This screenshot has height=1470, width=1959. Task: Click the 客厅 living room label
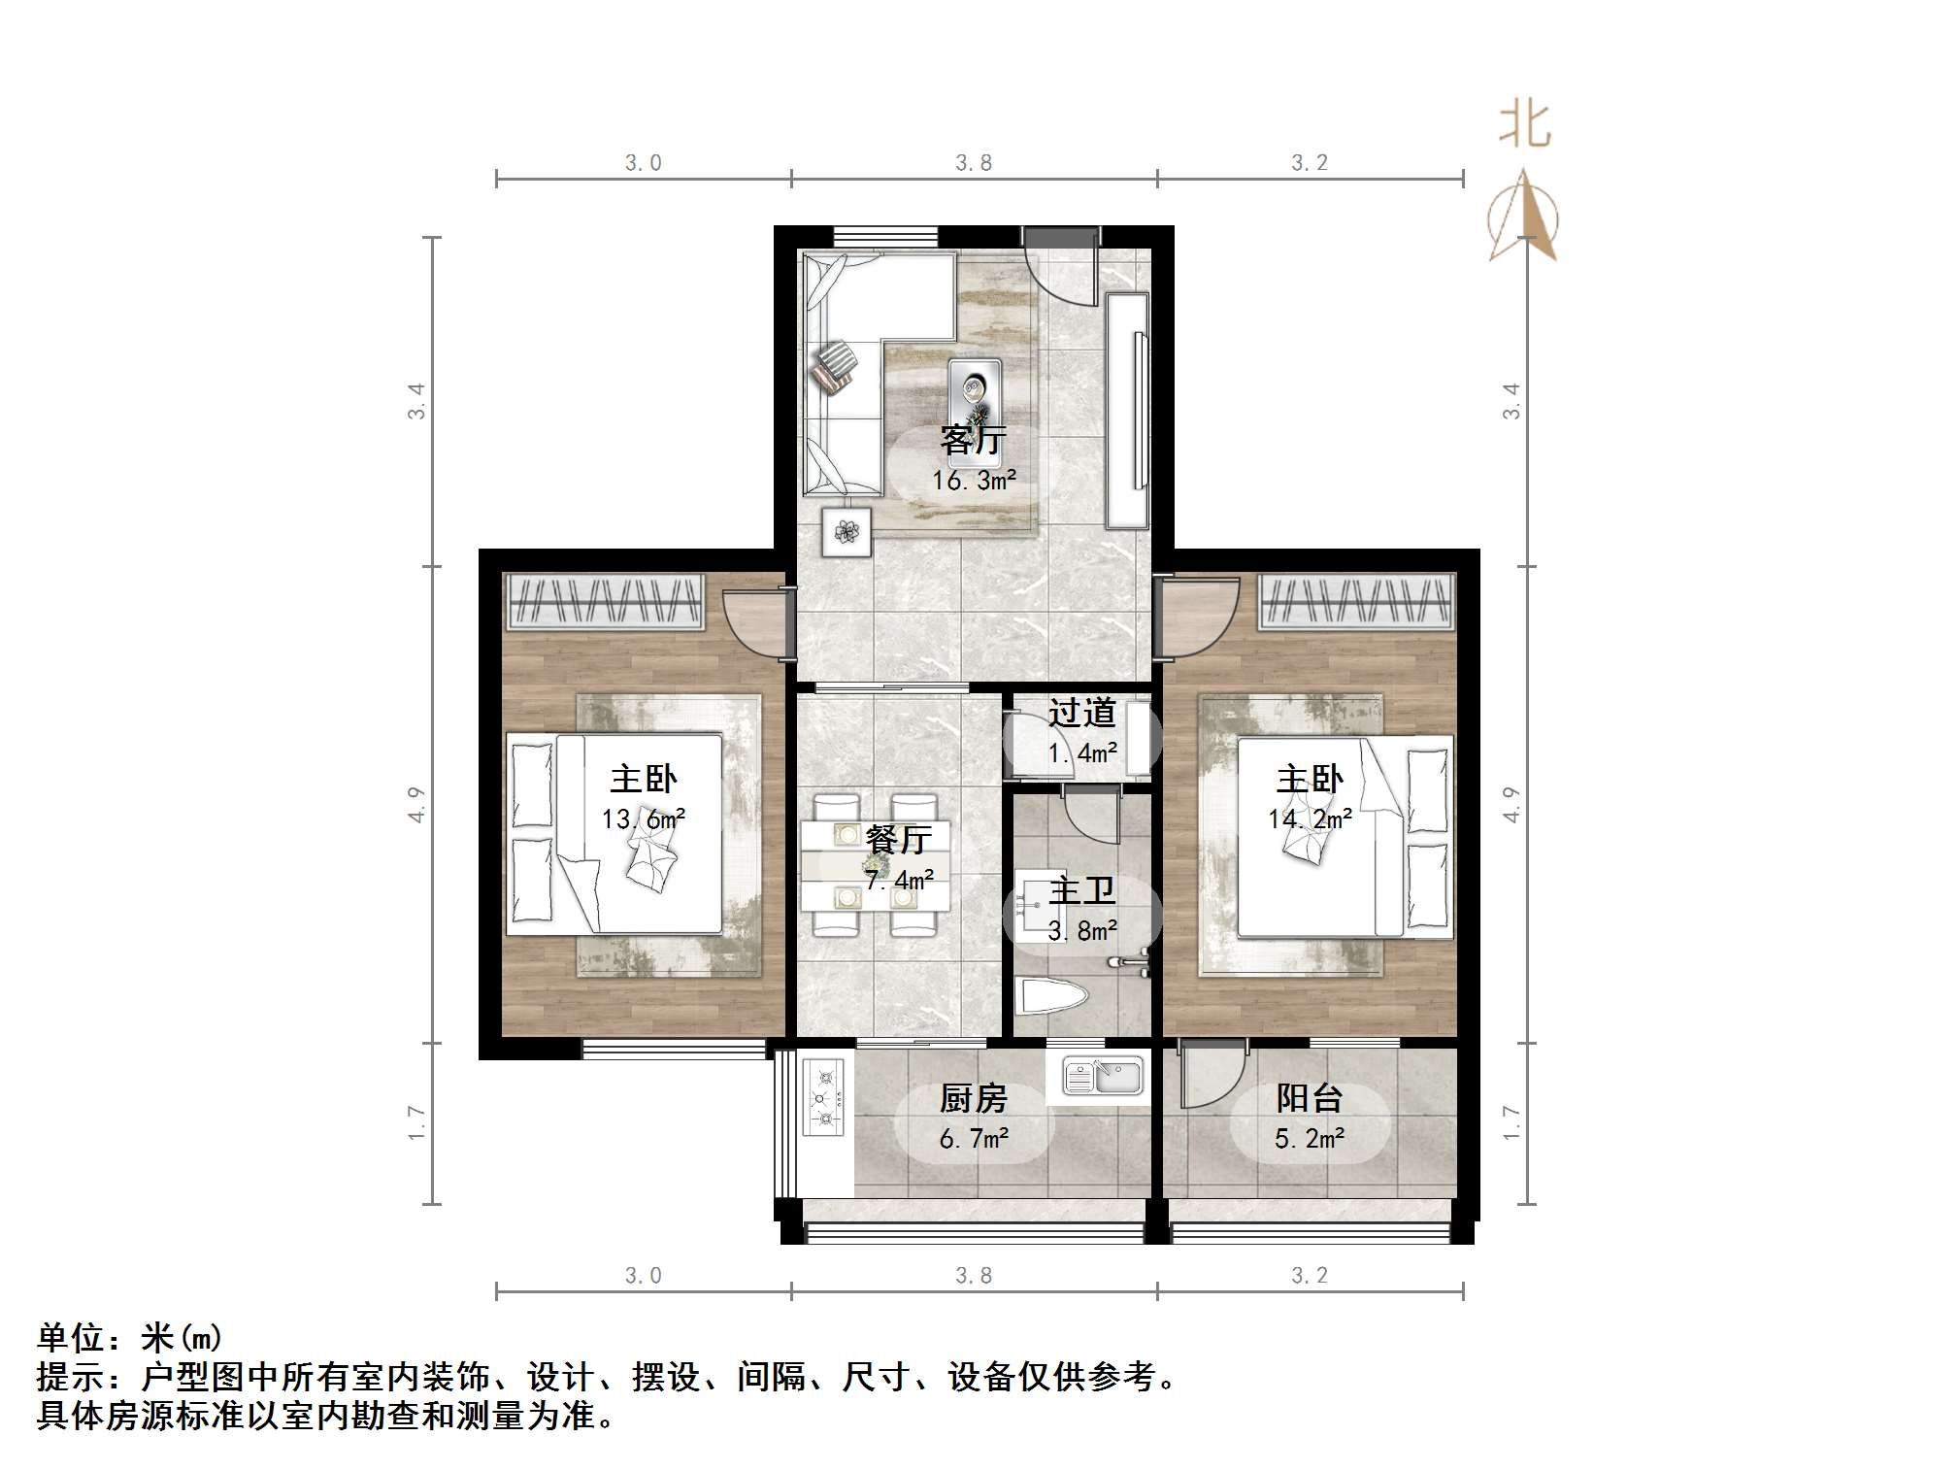973,441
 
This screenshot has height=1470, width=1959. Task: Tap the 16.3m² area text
973,481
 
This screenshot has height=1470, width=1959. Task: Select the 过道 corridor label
1081,714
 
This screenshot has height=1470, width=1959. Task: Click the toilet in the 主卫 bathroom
1049,996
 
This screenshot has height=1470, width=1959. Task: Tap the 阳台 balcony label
1309,1098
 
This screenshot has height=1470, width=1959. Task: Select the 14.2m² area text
1309,819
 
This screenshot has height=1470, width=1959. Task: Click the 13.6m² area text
643,819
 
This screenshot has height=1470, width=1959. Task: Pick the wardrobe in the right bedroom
1356,601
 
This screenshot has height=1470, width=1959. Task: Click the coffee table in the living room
974,387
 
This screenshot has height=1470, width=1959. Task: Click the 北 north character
1524,126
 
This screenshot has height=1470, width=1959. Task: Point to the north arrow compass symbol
1523,217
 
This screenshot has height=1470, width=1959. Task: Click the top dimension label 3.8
973,163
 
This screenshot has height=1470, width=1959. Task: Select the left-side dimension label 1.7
416,1122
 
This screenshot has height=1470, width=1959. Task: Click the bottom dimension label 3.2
1309,1276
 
